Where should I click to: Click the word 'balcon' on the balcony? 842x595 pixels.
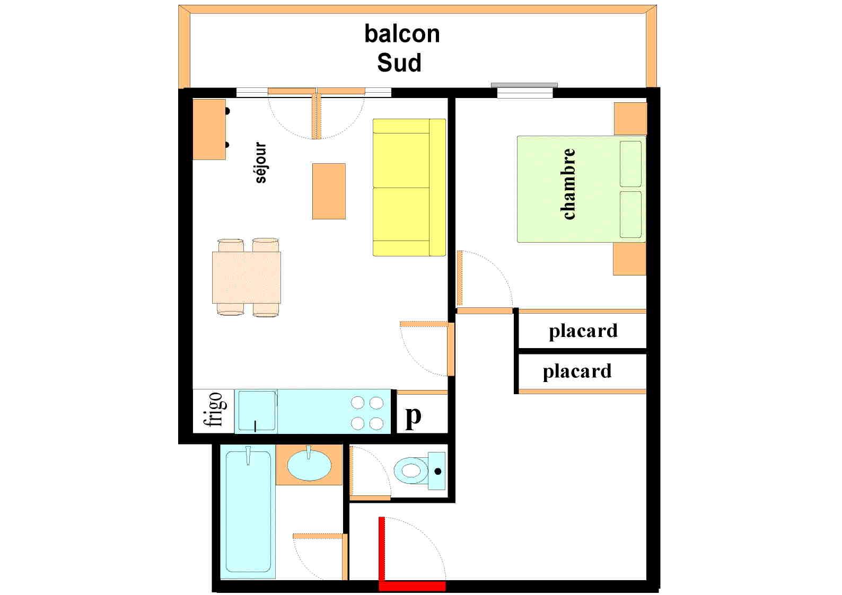[402, 34]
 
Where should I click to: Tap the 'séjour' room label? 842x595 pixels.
[260, 162]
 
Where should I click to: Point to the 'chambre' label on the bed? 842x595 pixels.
[568, 184]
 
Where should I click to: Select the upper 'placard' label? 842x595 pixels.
[583, 331]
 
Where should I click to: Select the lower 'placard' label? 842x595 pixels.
[577, 371]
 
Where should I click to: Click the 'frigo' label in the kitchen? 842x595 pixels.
[214, 409]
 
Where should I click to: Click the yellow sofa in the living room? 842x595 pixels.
[409, 187]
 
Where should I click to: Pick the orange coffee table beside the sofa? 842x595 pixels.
[329, 191]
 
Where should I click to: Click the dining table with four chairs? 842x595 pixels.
[247, 277]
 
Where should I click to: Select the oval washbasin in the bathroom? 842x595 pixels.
[309, 465]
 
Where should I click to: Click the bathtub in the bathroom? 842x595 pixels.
[248, 511]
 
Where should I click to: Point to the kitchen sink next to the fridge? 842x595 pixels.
[257, 411]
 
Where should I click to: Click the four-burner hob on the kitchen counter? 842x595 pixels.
[367, 413]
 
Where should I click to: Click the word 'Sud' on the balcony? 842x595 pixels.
[399, 63]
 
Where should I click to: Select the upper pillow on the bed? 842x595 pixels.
[630, 163]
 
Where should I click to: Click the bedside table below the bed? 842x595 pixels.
[629, 259]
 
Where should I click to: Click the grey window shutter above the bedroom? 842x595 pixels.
[524, 85]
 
